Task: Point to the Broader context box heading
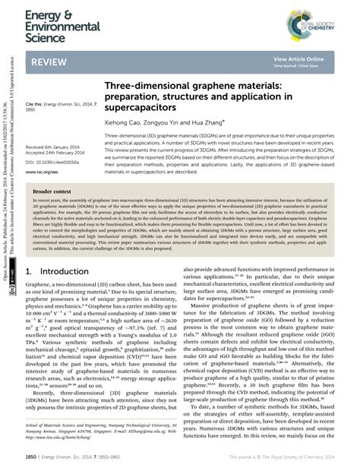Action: (x=52, y=191)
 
